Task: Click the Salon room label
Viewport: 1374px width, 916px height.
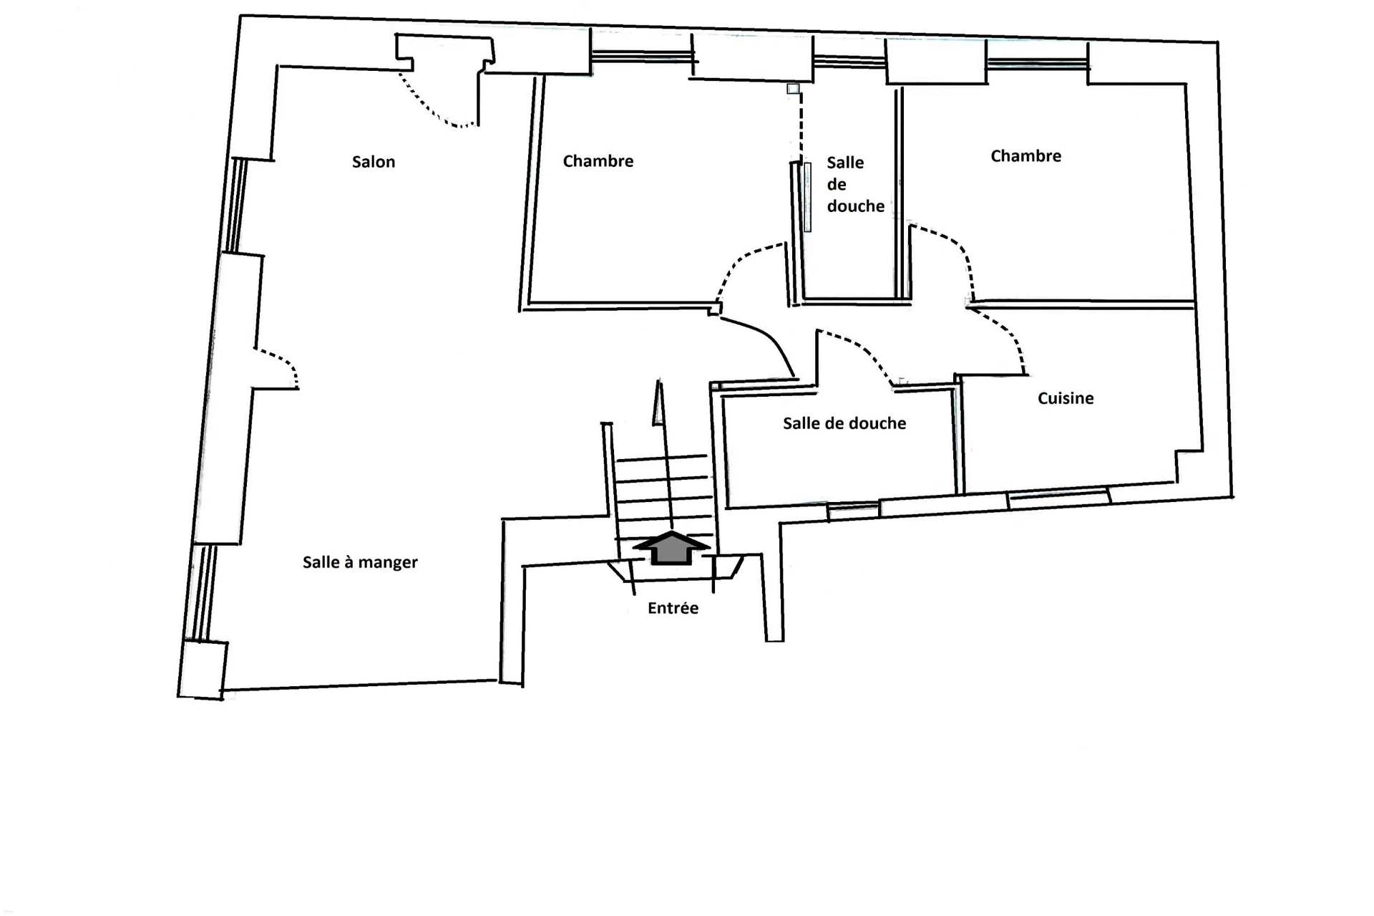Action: click(374, 162)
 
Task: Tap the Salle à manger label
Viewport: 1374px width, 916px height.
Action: click(360, 562)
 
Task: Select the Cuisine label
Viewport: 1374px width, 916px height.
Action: click(1066, 398)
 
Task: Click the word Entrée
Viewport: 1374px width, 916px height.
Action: click(673, 608)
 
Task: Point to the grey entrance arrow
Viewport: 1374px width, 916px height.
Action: click(672, 548)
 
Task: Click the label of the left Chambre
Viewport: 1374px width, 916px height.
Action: click(598, 161)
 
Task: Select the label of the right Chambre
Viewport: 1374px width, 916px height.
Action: click(1025, 156)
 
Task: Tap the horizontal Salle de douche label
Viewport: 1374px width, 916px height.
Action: click(844, 423)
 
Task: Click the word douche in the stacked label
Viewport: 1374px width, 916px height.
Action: click(856, 206)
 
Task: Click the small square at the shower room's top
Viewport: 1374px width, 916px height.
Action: click(793, 89)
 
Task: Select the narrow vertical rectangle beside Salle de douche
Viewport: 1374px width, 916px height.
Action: click(808, 197)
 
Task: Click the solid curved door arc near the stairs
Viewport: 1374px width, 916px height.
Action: click(762, 340)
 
